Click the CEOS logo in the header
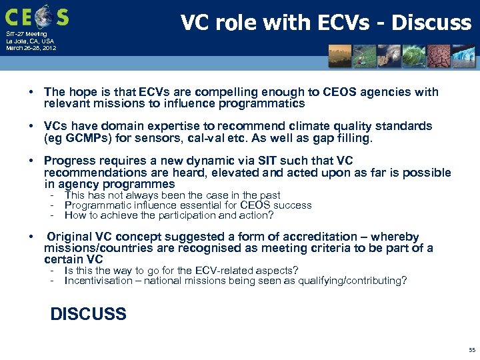[x=37, y=15]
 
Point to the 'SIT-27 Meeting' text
[x=27, y=34]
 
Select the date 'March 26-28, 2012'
[x=31, y=48]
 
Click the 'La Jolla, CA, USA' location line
[x=31, y=41]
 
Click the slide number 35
[x=472, y=350]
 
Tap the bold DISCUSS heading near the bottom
[x=88, y=314]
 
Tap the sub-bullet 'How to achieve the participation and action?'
[x=169, y=215]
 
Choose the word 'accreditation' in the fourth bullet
[x=320, y=237]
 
